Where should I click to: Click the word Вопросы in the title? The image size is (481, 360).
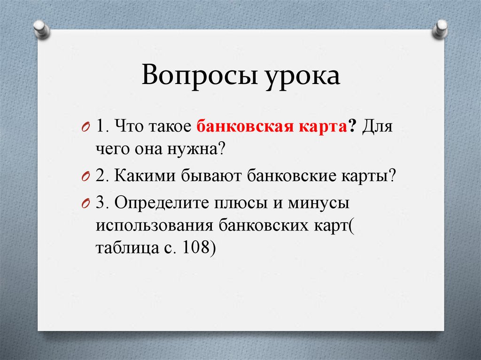click(x=197, y=76)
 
